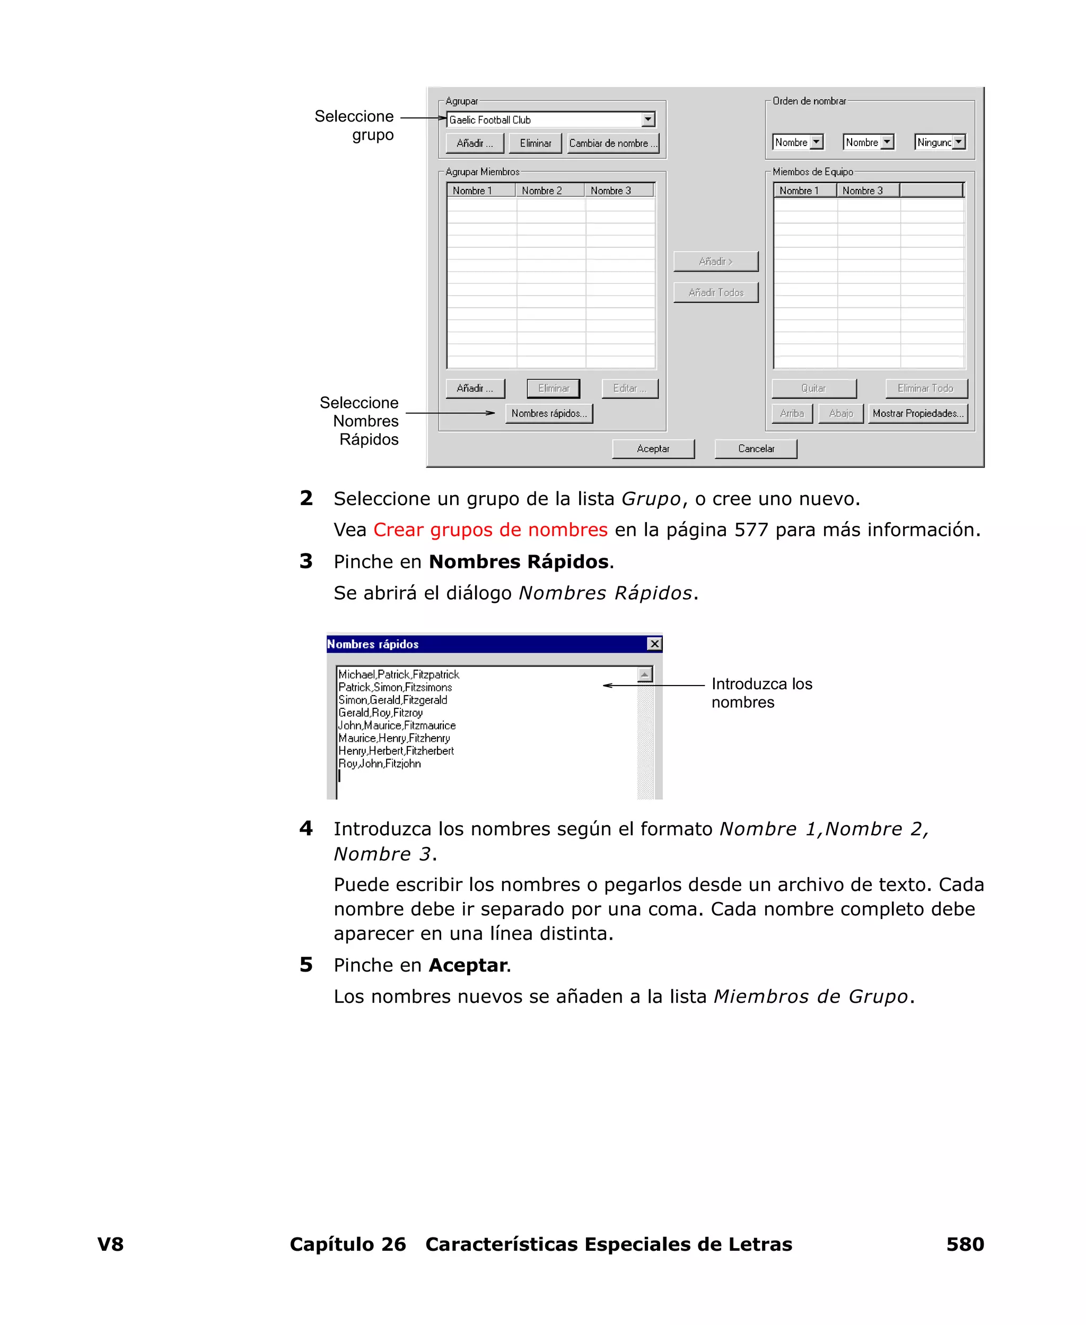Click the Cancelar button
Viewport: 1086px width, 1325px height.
(x=756, y=449)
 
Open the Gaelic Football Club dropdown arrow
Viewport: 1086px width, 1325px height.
(x=648, y=119)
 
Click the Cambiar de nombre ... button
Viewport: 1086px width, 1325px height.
(x=613, y=143)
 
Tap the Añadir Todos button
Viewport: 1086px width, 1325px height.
(x=716, y=293)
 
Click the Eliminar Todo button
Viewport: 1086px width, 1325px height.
(x=926, y=388)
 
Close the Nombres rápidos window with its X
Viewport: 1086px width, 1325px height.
(x=654, y=644)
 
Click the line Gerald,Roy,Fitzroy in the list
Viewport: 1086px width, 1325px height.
(x=380, y=713)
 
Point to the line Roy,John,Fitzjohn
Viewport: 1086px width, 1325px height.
(x=380, y=764)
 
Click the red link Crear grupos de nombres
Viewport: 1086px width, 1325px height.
(x=490, y=530)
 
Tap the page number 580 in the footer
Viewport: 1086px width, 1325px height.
(x=965, y=1244)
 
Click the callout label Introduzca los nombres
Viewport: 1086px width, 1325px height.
(x=761, y=693)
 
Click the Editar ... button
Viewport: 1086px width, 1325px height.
(x=629, y=388)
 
